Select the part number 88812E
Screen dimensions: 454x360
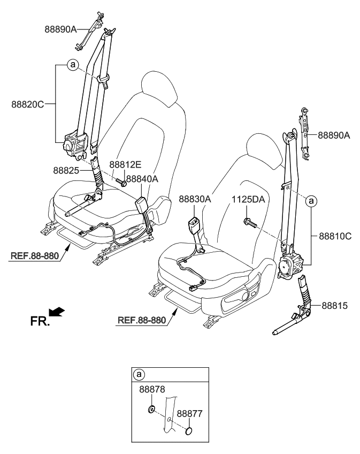point(126,165)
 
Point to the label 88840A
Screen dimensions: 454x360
point(142,180)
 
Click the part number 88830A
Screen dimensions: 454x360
point(195,199)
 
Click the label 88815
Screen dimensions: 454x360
point(335,306)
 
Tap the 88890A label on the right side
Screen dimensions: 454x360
point(334,135)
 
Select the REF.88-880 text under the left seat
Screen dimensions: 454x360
point(34,255)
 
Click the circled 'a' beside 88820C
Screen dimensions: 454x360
point(73,65)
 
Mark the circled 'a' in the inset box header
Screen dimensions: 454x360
point(139,374)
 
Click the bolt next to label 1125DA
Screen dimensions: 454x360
point(249,220)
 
